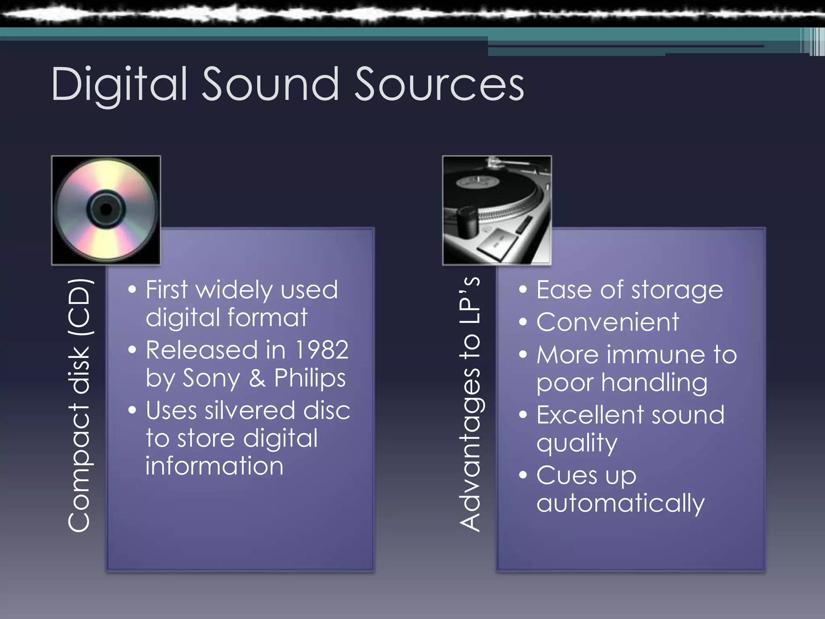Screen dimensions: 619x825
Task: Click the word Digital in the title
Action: coord(119,85)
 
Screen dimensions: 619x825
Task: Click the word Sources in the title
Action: coord(439,85)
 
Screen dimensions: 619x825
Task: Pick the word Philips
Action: coord(310,378)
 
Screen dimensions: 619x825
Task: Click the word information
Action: coord(214,466)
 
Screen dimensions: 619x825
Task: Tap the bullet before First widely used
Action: coord(132,290)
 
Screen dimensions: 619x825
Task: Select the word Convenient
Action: coord(607,322)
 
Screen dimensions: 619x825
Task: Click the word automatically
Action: coord(620,503)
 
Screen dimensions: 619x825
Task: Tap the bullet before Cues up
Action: coord(523,475)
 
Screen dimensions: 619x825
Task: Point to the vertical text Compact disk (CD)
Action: coord(79,405)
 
